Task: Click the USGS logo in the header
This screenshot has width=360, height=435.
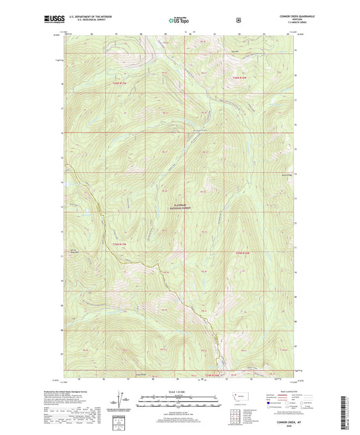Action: point(54,20)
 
